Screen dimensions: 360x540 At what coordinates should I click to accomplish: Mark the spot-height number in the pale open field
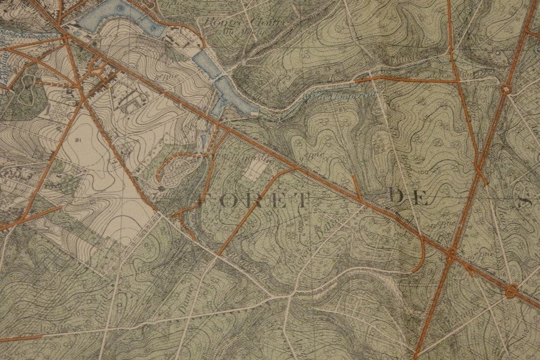pyautogui.click(x=78, y=140)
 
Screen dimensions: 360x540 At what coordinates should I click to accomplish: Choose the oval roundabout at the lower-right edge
pyautogui.click(x=511, y=292)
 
